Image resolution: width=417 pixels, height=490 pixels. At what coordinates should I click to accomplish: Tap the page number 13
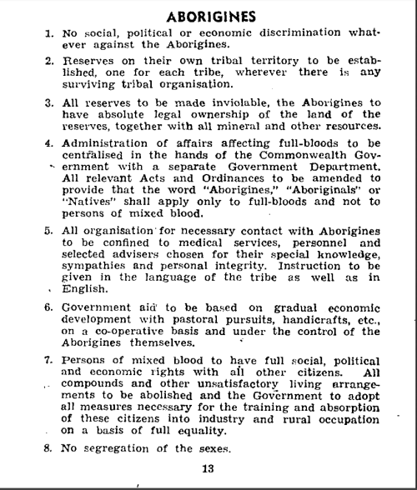click(x=208, y=468)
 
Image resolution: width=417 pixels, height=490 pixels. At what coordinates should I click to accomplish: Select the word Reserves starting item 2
click(x=87, y=62)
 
